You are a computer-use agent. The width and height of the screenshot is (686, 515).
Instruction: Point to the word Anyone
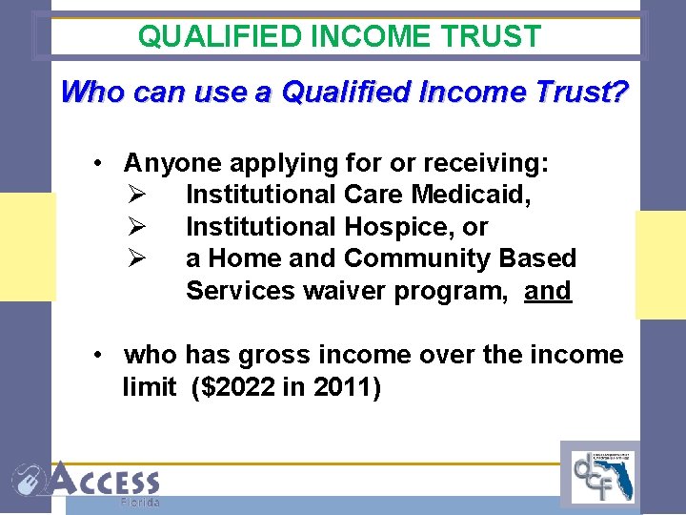coord(171,163)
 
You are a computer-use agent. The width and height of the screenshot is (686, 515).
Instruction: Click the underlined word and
coord(548,291)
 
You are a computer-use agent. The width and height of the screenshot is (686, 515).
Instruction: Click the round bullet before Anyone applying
coord(98,163)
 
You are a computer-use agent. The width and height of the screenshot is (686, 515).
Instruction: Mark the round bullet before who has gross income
coord(98,356)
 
